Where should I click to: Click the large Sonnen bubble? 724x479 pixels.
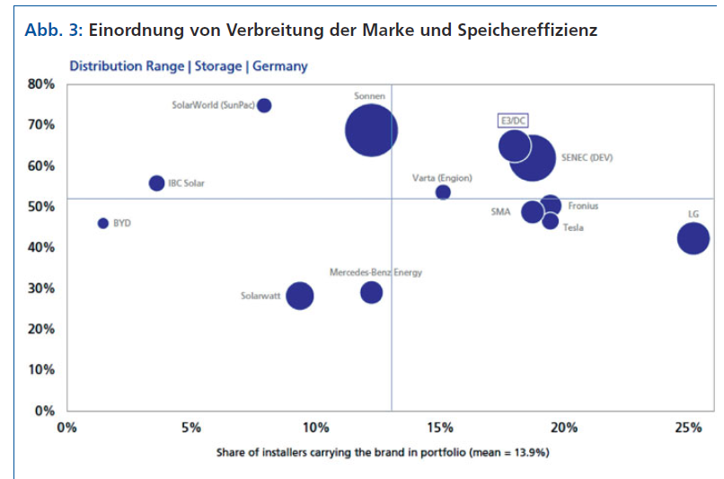coord(371,130)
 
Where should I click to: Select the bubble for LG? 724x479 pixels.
coord(693,238)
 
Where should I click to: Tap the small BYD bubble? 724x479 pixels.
coord(103,223)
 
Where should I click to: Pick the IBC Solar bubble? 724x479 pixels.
coord(156,183)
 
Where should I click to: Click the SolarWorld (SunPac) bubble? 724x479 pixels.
coord(264,105)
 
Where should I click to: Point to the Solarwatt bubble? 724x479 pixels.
coord(300,295)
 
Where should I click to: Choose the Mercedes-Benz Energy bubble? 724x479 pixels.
coord(371,292)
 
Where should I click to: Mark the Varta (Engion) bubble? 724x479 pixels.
coord(443,192)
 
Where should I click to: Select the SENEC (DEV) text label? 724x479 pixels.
coord(587,157)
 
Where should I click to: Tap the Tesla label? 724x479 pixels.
coord(573,227)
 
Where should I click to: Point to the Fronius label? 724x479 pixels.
coord(583,206)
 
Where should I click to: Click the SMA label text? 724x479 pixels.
coord(500,212)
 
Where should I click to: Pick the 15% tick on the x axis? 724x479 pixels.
coord(440,427)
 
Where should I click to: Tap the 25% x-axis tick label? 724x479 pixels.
coord(689,427)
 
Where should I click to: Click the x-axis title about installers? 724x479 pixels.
coord(382,452)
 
